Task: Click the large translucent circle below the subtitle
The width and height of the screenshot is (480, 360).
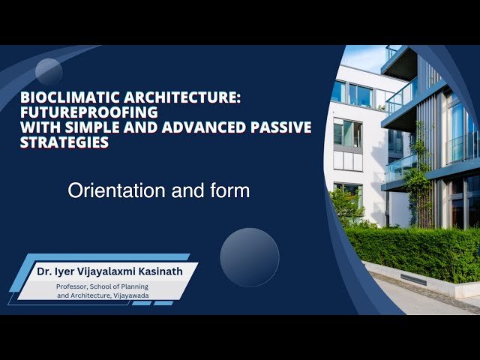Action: tap(250, 257)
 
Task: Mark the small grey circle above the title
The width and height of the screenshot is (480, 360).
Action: tap(49, 72)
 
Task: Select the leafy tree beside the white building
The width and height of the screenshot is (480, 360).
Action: tap(346, 204)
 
